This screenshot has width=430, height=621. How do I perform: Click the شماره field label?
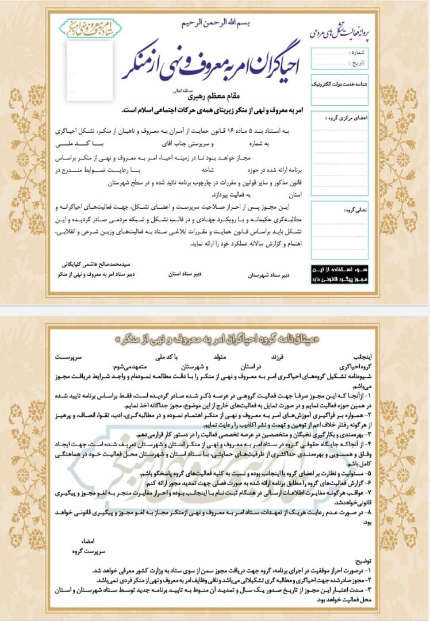click(358, 52)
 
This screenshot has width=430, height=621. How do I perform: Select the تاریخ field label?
click(358, 62)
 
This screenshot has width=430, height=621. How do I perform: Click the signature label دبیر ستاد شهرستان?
click(269, 275)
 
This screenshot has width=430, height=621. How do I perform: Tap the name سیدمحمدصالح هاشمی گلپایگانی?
click(96, 266)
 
